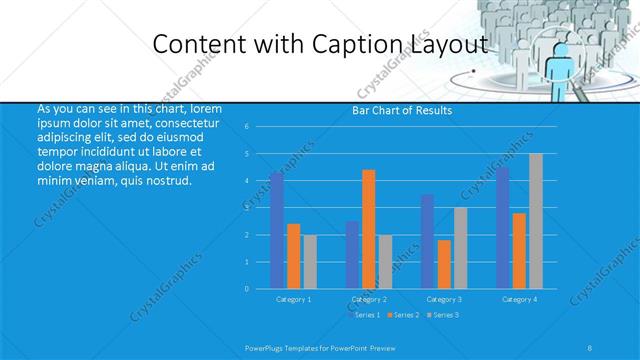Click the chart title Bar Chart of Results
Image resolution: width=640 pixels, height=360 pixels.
click(x=401, y=110)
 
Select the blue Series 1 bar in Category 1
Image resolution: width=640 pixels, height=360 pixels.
click(x=277, y=230)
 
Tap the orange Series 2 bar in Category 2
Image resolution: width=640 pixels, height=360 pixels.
click(x=369, y=229)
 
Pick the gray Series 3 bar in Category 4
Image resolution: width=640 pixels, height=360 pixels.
click(x=536, y=221)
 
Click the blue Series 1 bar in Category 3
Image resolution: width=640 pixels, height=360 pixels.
click(x=428, y=241)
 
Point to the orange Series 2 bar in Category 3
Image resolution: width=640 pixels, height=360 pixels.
click(x=444, y=264)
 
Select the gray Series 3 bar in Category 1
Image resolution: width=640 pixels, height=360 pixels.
click(x=310, y=261)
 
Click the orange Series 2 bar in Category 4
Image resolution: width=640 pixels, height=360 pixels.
click(x=519, y=250)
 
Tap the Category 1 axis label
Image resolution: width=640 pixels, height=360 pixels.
click(x=293, y=299)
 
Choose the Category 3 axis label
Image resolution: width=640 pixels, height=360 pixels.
click(x=444, y=299)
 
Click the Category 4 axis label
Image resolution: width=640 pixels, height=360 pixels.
click(x=519, y=299)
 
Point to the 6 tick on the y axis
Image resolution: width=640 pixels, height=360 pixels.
click(x=246, y=127)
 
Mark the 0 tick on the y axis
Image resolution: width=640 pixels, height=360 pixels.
click(x=246, y=288)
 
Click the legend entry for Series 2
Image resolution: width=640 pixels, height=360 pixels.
click(x=402, y=315)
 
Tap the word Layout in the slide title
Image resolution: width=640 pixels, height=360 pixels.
click(x=449, y=43)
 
